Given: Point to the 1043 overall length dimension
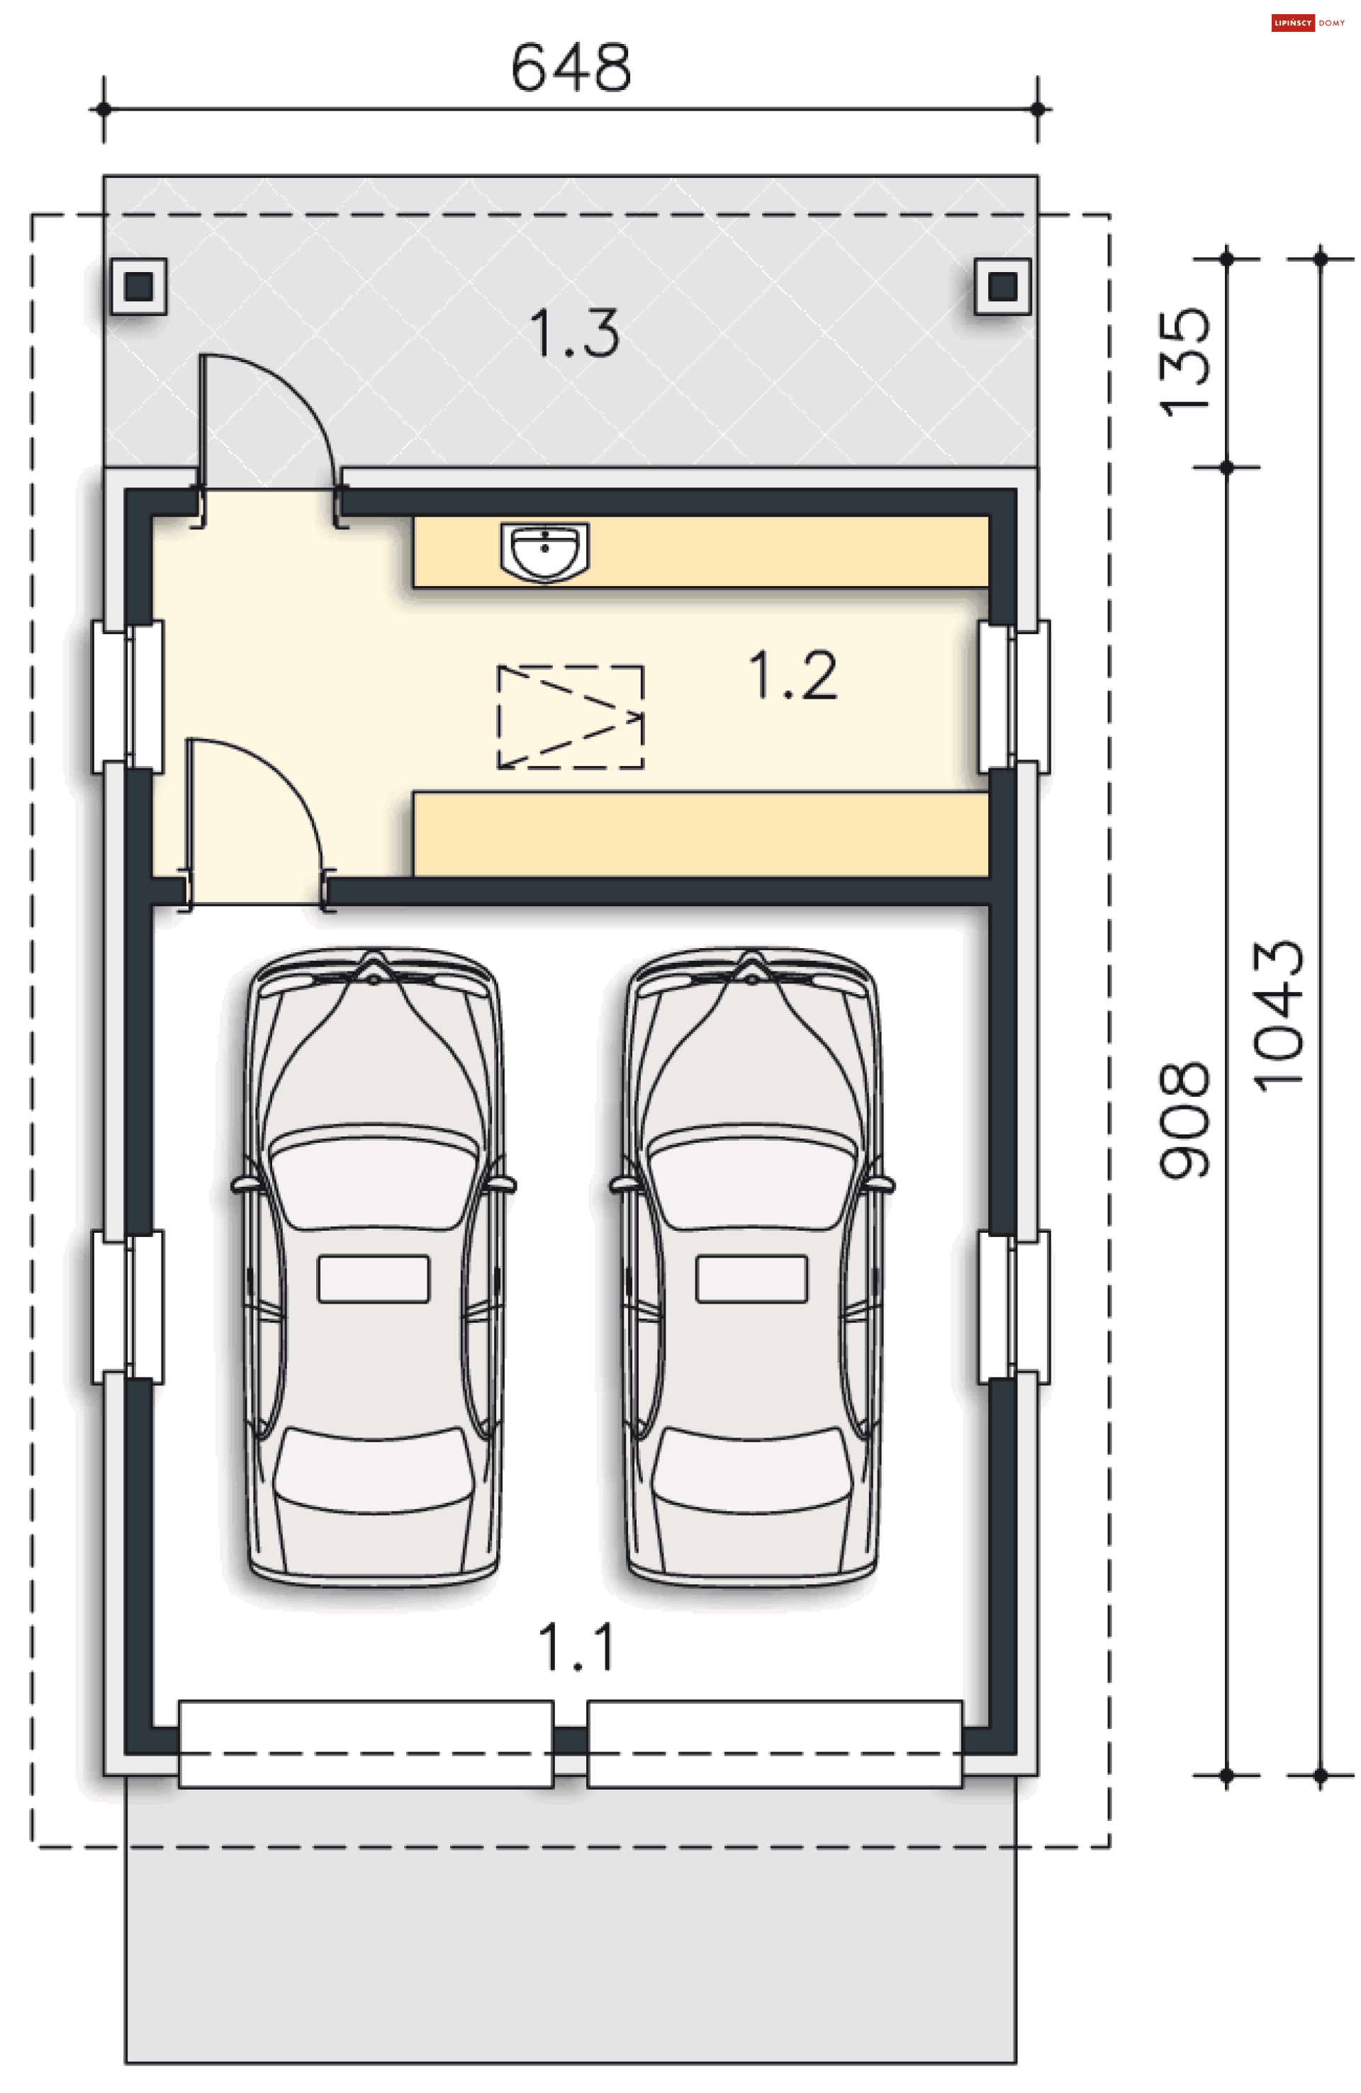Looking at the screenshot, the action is [1277, 1016].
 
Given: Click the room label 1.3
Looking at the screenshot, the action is [573, 332].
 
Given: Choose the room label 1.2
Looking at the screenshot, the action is [792, 675].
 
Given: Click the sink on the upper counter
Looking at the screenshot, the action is [544, 552].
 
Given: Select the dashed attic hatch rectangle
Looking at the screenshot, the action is [570, 717].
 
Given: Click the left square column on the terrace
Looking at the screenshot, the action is [138, 286].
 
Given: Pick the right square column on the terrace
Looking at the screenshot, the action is [1002, 286].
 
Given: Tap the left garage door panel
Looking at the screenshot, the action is [366, 1744].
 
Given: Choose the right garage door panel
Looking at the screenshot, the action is [774, 1744].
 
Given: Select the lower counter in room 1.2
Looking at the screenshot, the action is [700, 835].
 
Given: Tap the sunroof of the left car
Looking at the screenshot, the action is [373, 1279].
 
